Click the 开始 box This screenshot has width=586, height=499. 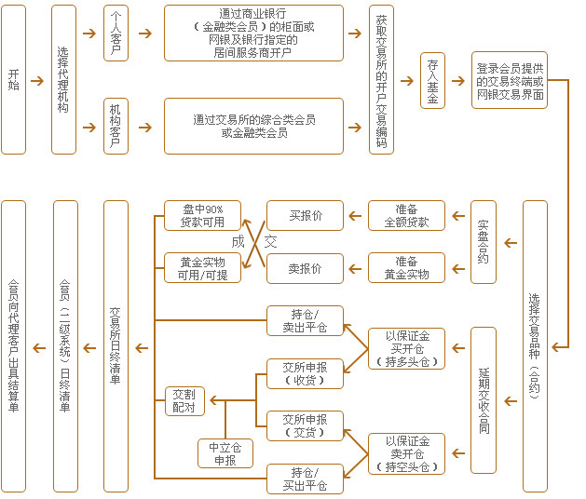click(13, 79)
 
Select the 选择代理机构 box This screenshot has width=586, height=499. click(63, 79)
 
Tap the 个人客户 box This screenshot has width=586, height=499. click(116, 34)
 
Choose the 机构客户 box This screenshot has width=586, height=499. click(116, 126)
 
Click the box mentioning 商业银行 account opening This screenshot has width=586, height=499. click(253, 33)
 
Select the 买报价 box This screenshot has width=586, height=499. click(305, 216)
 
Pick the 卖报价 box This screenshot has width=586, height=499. click(305, 268)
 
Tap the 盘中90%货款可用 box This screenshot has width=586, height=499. click(202, 216)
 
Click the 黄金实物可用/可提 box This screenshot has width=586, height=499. click(202, 268)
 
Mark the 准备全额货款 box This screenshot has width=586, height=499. click(406, 216)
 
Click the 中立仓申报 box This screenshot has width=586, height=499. click(225, 453)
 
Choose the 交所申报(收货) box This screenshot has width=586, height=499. click(305, 373)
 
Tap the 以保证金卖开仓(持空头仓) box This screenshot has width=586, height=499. click(406, 453)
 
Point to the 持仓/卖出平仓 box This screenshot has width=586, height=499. click(305, 321)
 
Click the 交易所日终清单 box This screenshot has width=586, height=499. click(116, 345)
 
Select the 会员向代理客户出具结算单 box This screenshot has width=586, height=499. click(13, 345)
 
